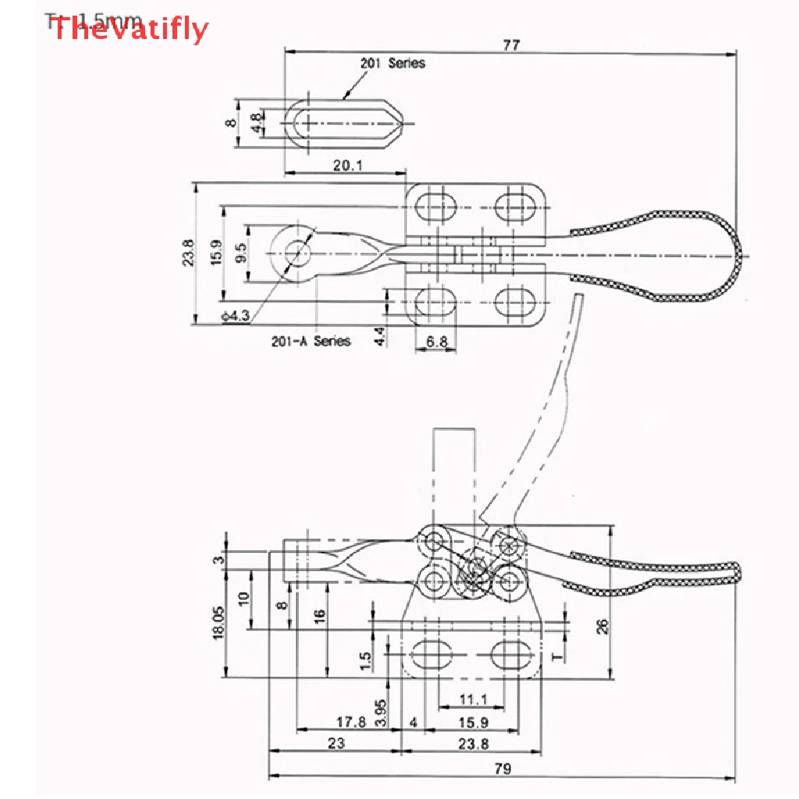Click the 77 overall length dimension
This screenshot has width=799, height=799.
pyautogui.click(x=511, y=45)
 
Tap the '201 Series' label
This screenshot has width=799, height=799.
pyautogui.click(x=392, y=63)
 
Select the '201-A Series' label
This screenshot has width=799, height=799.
pyautogui.click(x=311, y=340)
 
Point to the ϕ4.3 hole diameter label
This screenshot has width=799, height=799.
pyautogui.click(x=235, y=316)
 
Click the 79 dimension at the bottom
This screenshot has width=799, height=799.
pyautogui.click(x=502, y=769)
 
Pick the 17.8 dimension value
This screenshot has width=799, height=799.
pyautogui.click(x=350, y=722)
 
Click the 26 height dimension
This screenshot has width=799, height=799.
pyautogui.click(x=602, y=627)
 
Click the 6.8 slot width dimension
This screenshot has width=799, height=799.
pyautogui.click(x=437, y=342)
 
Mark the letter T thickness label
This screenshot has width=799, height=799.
pyautogui.click(x=557, y=654)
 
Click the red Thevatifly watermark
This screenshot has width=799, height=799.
pyautogui.click(x=129, y=30)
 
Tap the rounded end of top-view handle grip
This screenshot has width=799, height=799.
pyautogui.click(x=737, y=256)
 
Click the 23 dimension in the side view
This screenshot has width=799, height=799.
pyautogui.click(x=336, y=743)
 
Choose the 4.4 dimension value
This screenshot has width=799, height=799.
pyautogui.click(x=380, y=337)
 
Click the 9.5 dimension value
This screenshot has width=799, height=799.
pyautogui.click(x=240, y=253)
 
